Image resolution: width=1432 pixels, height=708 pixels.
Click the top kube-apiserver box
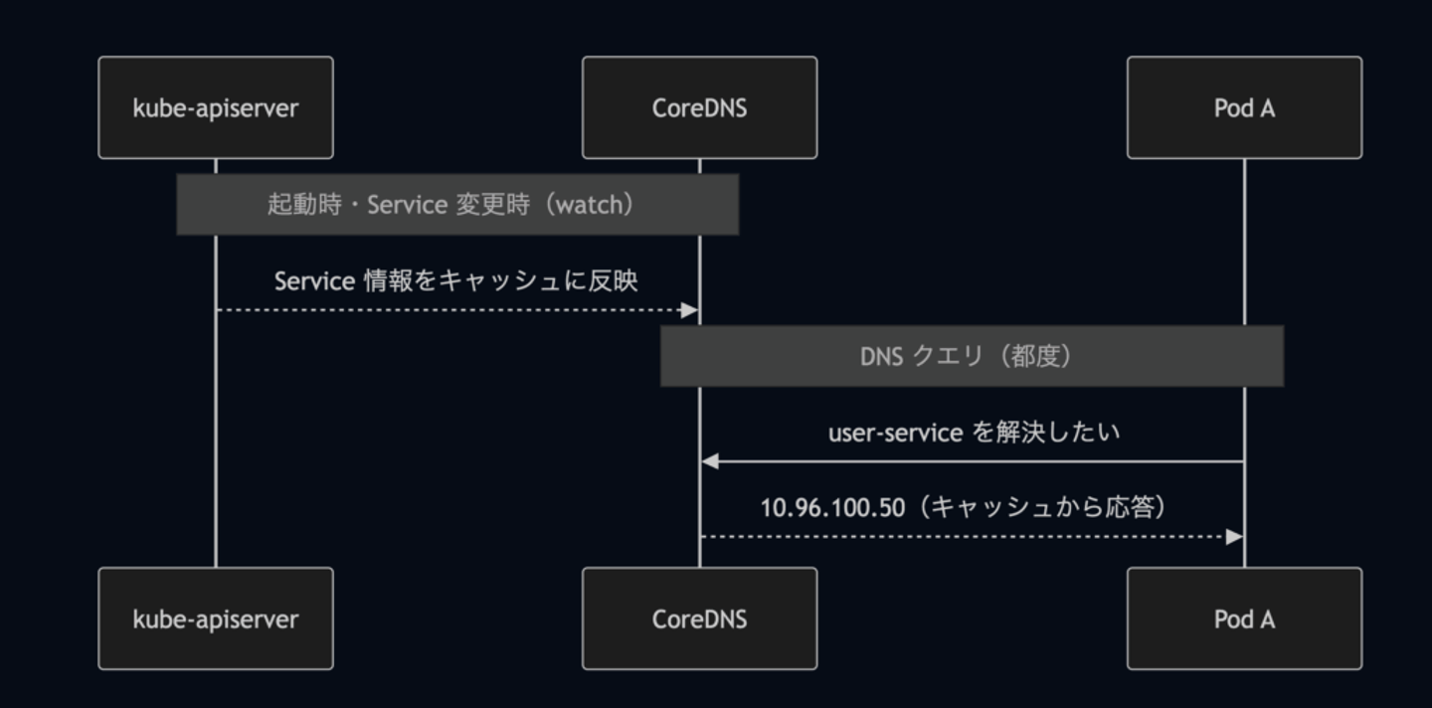click(x=216, y=107)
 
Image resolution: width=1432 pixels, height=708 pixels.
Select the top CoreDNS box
click(x=699, y=107)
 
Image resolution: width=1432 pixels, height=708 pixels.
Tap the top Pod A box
click(x=1244, y=107)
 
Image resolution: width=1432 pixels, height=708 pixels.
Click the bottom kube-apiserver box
click(x=216, y=619)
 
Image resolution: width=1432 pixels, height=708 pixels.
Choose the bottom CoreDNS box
click(x=699, y=619)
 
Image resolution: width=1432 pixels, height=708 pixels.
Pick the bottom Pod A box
click(x=1244, y=619)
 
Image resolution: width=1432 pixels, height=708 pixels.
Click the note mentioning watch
click(x=457, y=205)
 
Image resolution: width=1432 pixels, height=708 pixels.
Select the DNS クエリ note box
click(x=972, y=356)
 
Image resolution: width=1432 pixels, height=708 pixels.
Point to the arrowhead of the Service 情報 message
click(x=690, y=310)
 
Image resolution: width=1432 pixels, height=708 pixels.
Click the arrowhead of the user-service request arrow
click(x=710, y=461)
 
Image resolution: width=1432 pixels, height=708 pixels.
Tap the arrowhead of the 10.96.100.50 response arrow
click(x=1234, y=537)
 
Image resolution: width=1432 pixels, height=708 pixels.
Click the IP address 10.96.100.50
click(x=832, y=508)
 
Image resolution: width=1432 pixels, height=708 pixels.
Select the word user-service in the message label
click(x=895, y=434)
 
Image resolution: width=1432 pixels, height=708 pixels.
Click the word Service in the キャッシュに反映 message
click(x=314, y=281)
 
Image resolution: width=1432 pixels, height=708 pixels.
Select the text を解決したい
click(x=1046, y=433)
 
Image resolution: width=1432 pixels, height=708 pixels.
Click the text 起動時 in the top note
click(x=304, y=205)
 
